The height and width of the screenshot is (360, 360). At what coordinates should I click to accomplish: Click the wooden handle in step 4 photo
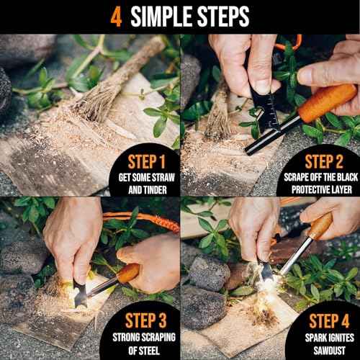coord(319,229)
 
